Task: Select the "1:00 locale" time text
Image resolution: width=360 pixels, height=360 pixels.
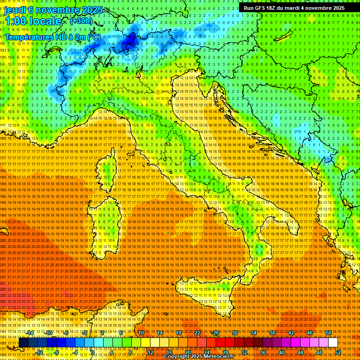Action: point(33,22)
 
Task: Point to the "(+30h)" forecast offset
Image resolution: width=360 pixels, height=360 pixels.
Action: point(81,21)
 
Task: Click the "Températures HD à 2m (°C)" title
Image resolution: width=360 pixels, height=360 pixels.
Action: point(52,37)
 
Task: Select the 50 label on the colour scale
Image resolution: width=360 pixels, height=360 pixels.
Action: point(328,333)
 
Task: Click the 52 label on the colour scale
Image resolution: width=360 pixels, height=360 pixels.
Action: point(337,352)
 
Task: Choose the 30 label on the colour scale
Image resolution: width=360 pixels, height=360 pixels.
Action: point(235,333)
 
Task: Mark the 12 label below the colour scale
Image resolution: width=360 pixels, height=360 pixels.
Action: point(150,352)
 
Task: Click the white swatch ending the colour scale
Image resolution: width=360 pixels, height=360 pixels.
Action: point(333,343)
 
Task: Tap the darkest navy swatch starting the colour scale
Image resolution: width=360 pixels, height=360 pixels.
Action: point(23,343)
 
